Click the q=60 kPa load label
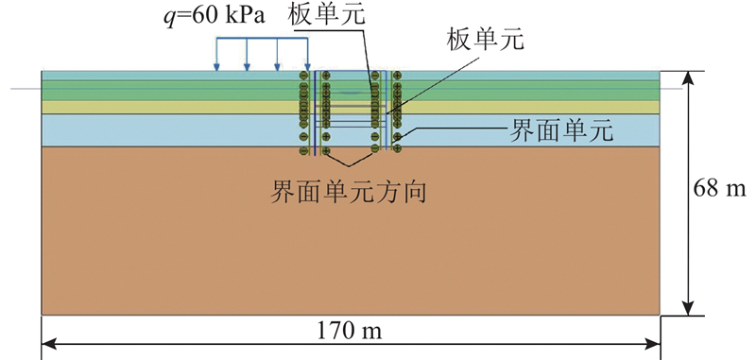pos(215,17)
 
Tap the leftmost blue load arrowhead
pos(217,67)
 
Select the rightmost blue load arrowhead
pos(308,67)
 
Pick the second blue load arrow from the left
pos(247,55)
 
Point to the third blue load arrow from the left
pos(277,55)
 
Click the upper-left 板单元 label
pos(326,16)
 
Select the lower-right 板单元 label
pos(485,42)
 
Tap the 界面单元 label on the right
pos(561,131)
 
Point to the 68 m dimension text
pos(719,189)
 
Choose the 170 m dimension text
pos(349,331)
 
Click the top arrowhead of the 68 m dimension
pos(690,77)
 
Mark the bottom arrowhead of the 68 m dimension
pos(690,309)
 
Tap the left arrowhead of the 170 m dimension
pos(48,344)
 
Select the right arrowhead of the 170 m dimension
pos(653,344)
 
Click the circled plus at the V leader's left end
pos(326,151)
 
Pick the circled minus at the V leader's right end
pos(374,151)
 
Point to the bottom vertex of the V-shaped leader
pos(349,166)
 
